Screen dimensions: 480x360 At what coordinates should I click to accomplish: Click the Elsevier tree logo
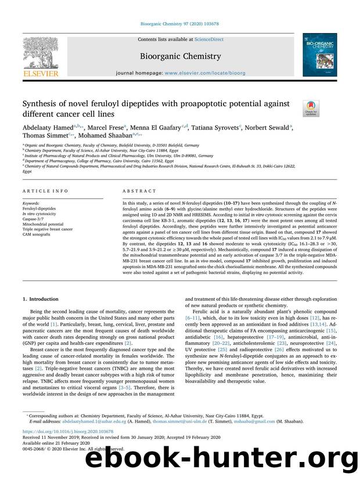[41, 53]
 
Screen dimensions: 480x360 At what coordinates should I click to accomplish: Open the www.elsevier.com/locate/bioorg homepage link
[210, 75]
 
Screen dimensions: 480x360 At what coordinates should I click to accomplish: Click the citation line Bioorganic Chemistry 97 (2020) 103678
[179, 25]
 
